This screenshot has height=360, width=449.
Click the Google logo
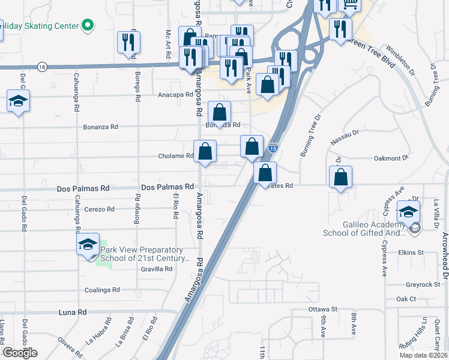20,353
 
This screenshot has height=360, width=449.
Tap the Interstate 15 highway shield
273,148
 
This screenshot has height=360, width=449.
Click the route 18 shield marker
41,66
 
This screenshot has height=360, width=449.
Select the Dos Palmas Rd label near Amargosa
167,187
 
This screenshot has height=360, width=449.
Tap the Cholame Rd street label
175,156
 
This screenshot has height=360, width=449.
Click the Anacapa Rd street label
175,95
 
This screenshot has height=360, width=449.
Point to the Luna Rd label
73,312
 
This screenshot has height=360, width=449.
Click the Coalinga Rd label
103,290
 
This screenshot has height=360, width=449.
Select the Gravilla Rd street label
156,269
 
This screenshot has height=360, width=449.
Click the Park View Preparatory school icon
88,244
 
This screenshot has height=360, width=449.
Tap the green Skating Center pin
88,25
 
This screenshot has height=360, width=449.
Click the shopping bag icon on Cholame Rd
205,152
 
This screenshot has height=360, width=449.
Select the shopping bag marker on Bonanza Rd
220,112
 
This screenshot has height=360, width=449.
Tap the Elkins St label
411,253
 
